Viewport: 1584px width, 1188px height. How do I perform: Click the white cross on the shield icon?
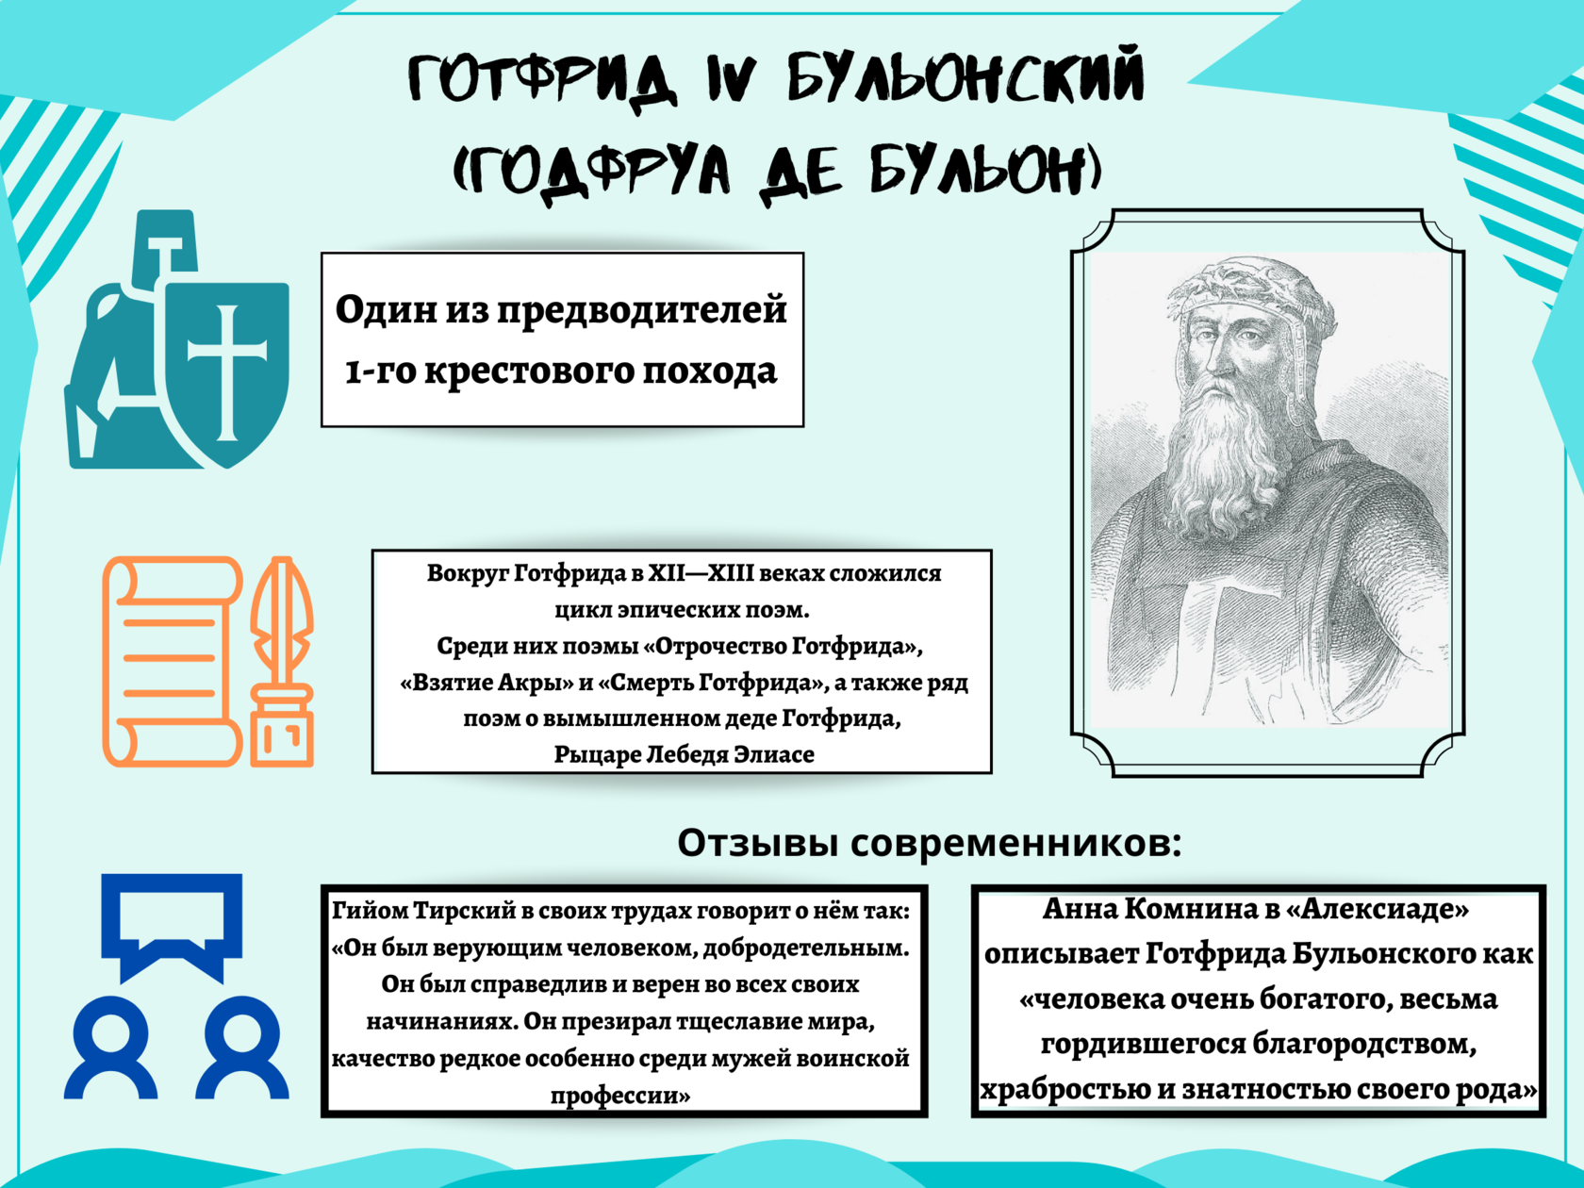227,372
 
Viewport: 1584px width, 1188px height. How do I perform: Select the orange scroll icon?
173,662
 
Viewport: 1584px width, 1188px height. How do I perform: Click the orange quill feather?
282,617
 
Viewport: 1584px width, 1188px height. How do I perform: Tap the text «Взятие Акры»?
487,683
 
